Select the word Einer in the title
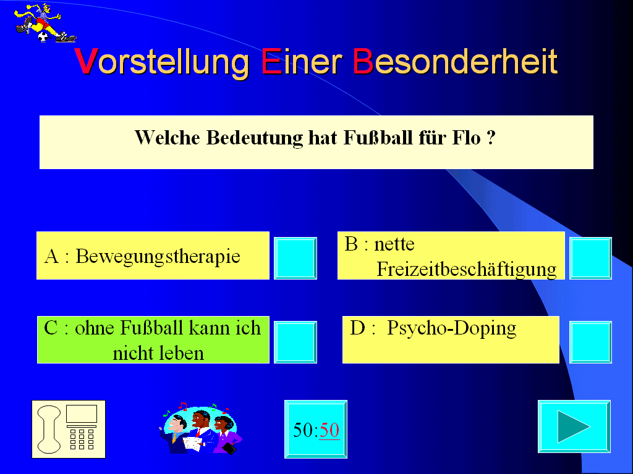tap(302, 61)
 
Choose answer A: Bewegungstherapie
tap(153, 256)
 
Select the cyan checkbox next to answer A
tap(295, 258)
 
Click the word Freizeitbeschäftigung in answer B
tap(466, 269)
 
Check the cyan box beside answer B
tap(590, 258)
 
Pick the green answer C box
tap(153, 340)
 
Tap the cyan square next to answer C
tap(295, 342)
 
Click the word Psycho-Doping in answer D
tap(451, 328)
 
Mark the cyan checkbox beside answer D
tap(590, 342)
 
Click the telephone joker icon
tap(69, 430)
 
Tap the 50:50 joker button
tap(316, 430)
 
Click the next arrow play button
tap(574, 426)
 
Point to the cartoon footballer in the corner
tap(45, 23)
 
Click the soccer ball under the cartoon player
tap(43, 37)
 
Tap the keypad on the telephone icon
tap(82, 439)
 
